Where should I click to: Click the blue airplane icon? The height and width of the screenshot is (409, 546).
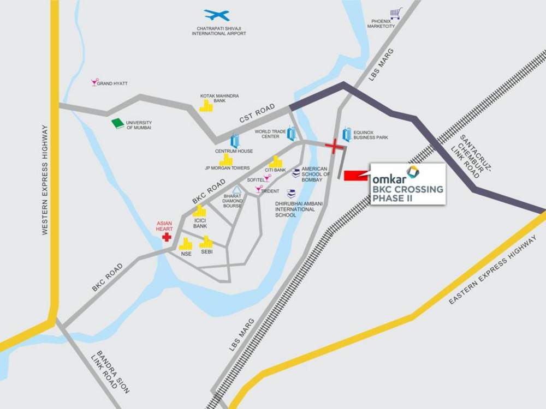tap(217, 15)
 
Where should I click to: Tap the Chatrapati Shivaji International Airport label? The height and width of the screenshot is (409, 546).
tap(218, 31)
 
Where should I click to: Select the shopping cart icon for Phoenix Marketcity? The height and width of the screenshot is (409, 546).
tap(396, 13)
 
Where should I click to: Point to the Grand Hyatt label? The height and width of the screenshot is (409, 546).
tap(112, 83)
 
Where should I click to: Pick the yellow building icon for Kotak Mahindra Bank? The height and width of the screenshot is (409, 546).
tap(206, 106)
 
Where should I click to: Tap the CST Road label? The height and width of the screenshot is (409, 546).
tap(257, 116)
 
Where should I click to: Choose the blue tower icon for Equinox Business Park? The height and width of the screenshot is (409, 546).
tap(347, 135)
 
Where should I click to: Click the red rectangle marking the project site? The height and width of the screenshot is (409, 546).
tap(356, 175)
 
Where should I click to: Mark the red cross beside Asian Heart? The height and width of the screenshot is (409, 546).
tap(167, 237)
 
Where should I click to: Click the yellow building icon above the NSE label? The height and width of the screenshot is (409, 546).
tap(186, 244)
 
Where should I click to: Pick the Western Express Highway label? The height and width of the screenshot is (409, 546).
tap(45, 180)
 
